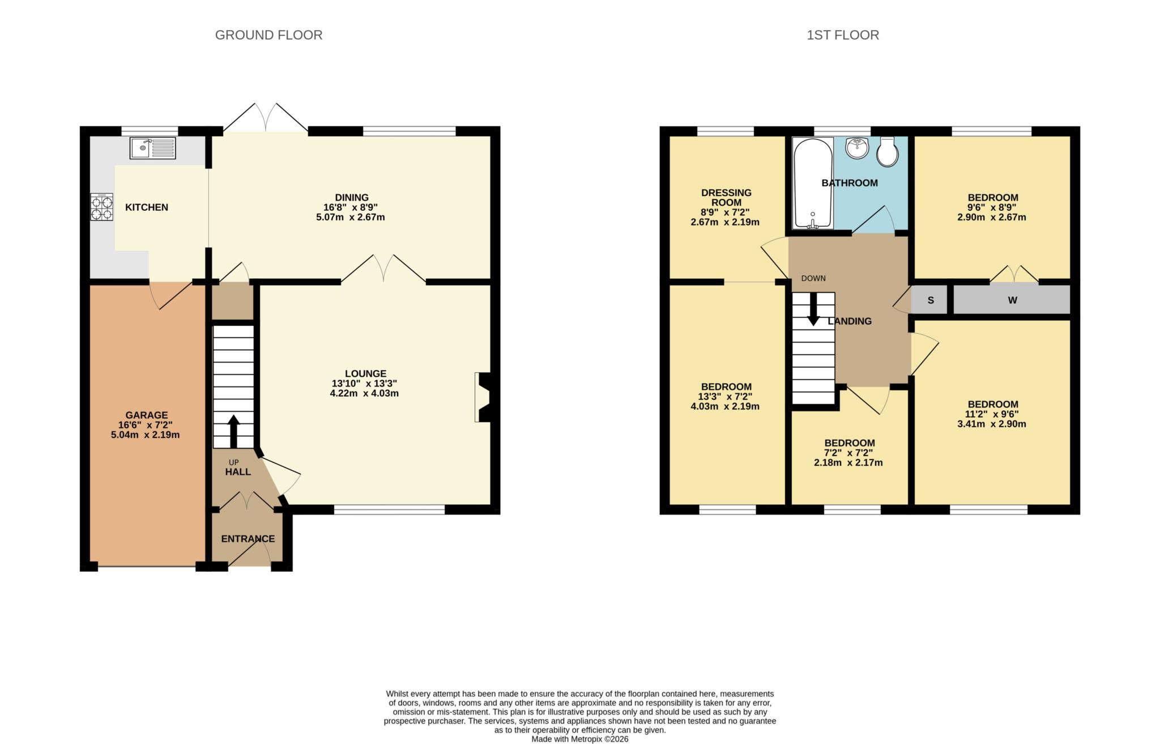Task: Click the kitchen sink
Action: (153, 148)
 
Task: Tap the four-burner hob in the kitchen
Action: (102, 207)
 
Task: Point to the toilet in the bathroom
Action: (887, 152)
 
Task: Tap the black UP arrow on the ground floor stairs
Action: (233, 431)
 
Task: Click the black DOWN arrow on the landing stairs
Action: (813, 309)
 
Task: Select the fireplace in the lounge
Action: (483, 397)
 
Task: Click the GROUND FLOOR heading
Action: (268, 35)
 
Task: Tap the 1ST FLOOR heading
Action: (842, 35)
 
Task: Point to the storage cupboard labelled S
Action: (930, 300)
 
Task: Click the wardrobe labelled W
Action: (1012, 300)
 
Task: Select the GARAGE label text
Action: (146, 415)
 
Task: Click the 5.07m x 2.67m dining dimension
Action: (350, 217)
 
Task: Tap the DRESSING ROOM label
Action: (726, 197)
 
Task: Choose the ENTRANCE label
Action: (248, 539)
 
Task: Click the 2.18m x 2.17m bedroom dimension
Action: (848, 462)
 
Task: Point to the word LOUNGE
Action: (365, 373)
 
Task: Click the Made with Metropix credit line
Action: (579, 739)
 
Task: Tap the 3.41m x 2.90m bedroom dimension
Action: (991, 424)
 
